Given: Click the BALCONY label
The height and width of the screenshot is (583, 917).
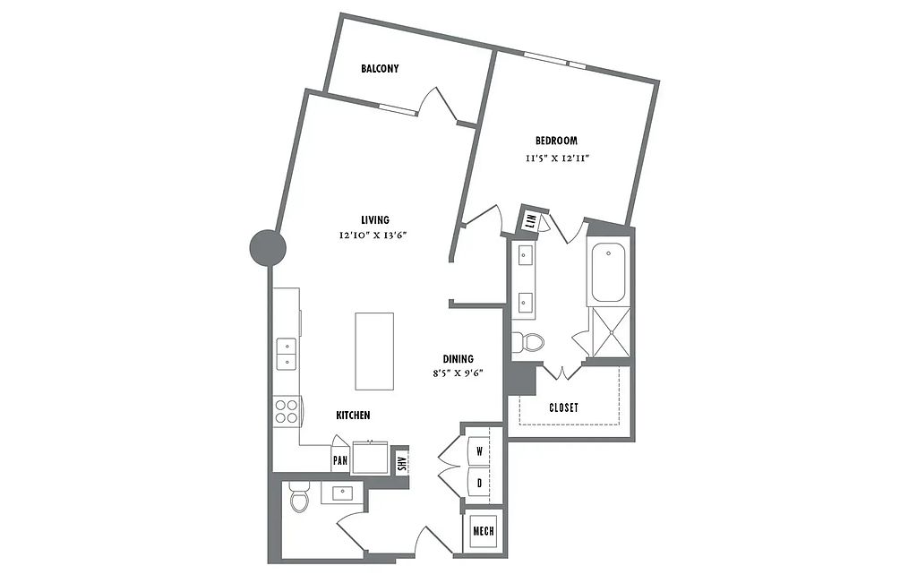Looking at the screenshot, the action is click(x=380, y=68).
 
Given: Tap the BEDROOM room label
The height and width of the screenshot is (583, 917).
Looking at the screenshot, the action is click(x=556, y=141).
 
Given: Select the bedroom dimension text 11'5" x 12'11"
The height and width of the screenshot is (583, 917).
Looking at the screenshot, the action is click(x=556, y=158).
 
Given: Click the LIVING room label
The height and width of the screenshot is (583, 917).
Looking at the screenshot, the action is click(x=375, y=220).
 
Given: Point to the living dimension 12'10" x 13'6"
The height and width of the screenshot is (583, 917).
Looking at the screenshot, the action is click(x=373, y=236).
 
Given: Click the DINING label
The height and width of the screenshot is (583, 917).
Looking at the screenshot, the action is click(x=458, y=359).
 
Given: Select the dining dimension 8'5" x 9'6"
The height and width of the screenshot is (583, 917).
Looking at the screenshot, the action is click(x=458, y=373).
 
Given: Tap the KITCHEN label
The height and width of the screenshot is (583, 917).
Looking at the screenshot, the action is click(x=353, y=416).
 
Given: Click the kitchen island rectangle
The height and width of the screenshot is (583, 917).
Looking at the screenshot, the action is click(x=374, y=351).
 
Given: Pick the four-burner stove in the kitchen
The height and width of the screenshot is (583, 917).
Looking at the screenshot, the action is click(x=287, y=411).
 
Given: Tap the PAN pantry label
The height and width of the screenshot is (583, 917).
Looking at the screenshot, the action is click(x=339, y=460).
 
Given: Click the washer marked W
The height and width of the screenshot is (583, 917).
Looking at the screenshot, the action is click(x=479, y=451).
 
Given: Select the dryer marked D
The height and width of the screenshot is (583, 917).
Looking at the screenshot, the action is click(x=479, y=483).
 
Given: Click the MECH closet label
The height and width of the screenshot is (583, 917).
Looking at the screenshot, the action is click(x=483, y=532).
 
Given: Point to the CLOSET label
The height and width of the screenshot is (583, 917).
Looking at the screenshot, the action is click(x=564, y=407).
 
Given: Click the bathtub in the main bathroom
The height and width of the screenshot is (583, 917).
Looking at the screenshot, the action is click(x=608, y=272).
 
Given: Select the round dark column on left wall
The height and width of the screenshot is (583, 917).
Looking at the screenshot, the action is click(x=268, y=248).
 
